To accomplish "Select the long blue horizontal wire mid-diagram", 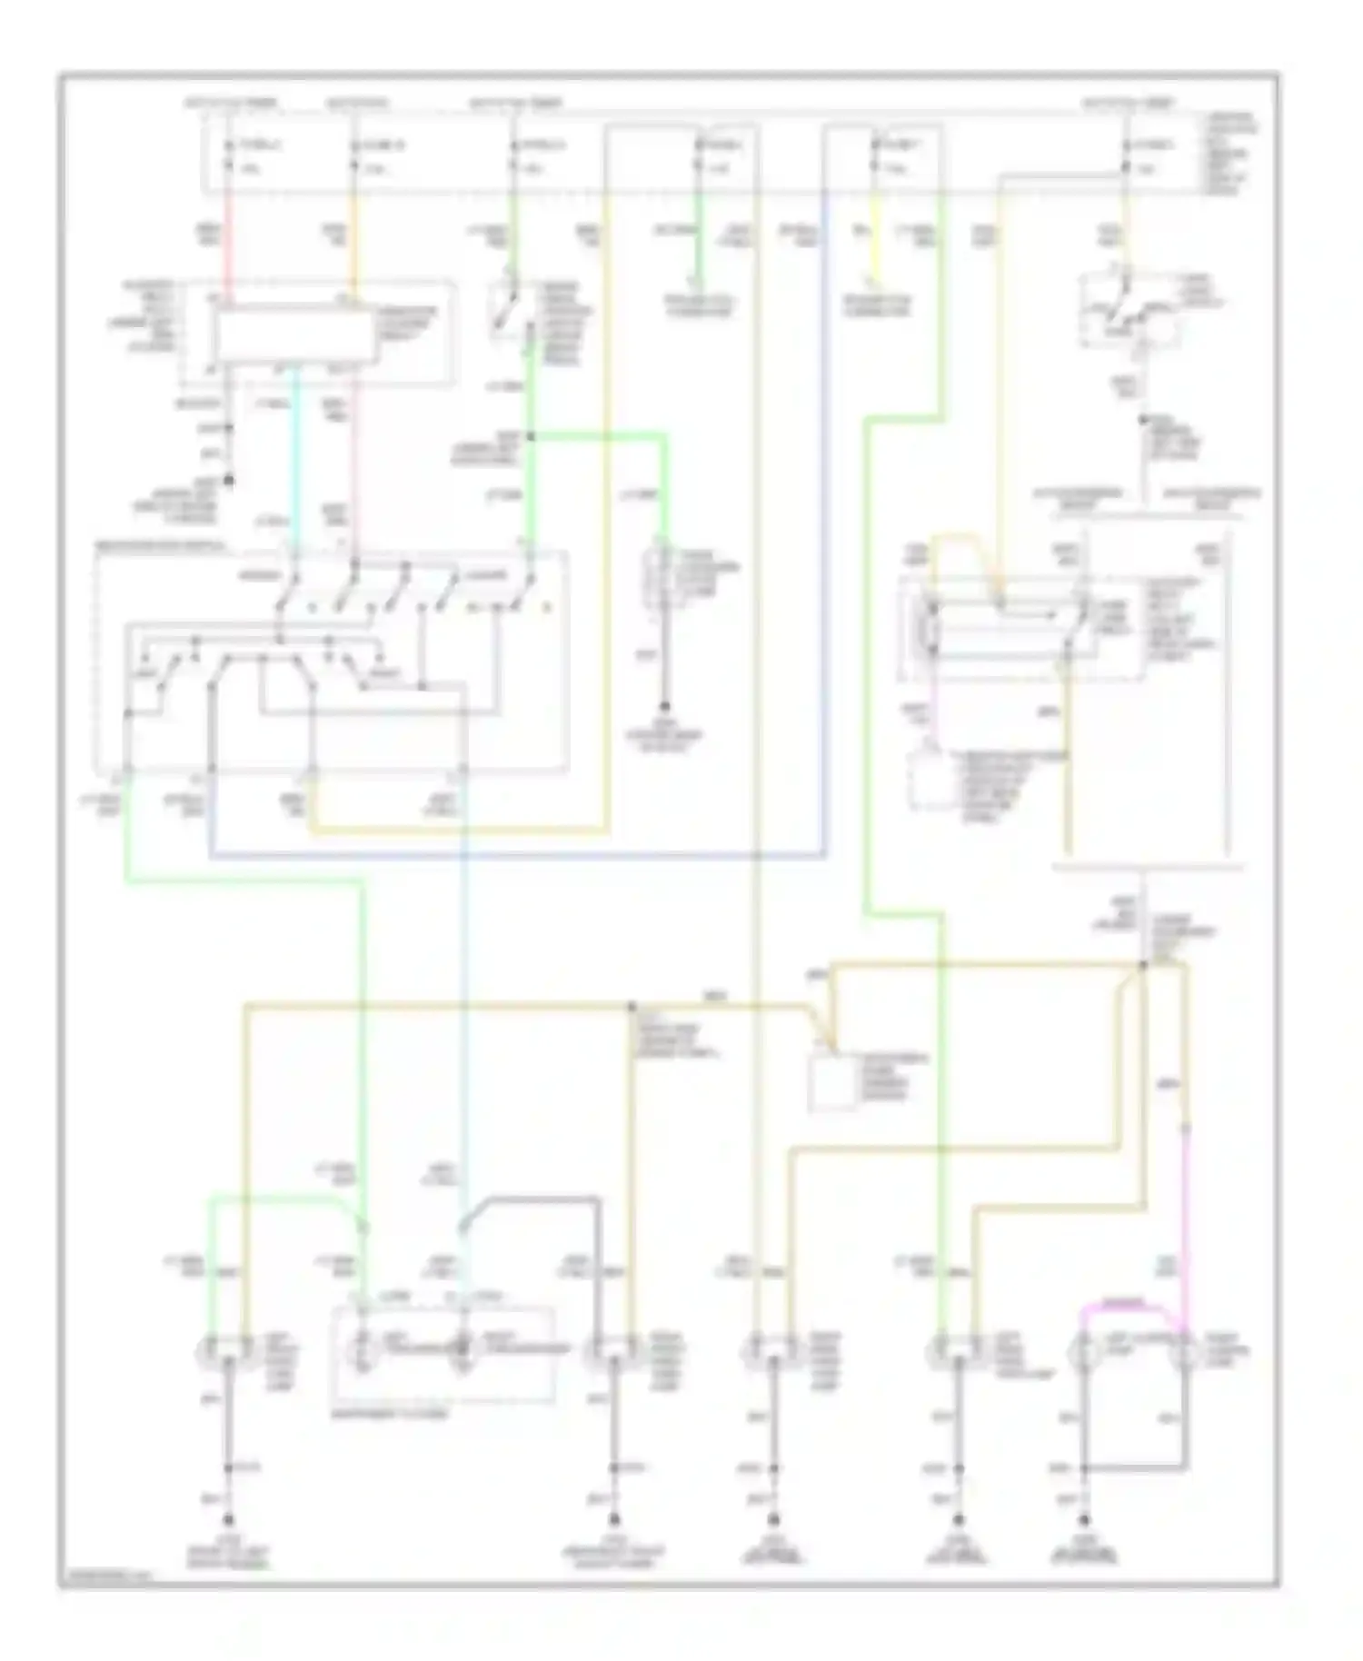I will (x=518, y=855).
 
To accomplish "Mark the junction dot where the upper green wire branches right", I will (x=531, y=437).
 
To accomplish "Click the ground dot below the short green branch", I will (x=665, y=706).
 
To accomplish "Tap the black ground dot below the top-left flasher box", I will (x=229, y=479).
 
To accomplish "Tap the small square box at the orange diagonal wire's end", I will (x=832, y=1083).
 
